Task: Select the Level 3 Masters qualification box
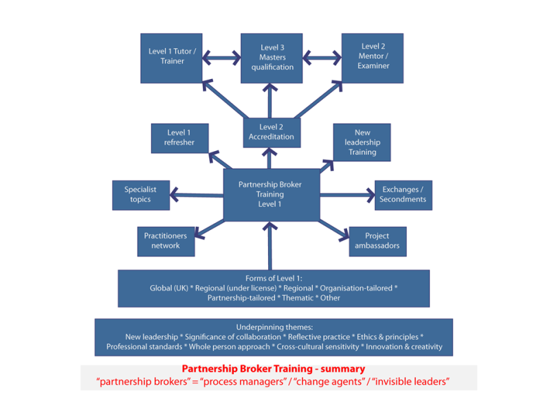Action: (272, 57)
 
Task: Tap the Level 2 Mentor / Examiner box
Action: (373, 57)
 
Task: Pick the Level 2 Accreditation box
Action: (272, 132)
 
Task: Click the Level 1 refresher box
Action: (179, 137)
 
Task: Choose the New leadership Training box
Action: (362, 142)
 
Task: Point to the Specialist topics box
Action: (140, 194)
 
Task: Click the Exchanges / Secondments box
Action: (403, 194)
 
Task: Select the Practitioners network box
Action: (166, 241)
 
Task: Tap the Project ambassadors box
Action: (377, 241)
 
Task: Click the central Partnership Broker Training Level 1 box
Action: (270, 194)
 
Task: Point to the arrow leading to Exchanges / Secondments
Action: (346, 195)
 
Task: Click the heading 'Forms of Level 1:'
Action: (274, 278)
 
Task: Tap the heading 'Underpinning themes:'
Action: (274, 327)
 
